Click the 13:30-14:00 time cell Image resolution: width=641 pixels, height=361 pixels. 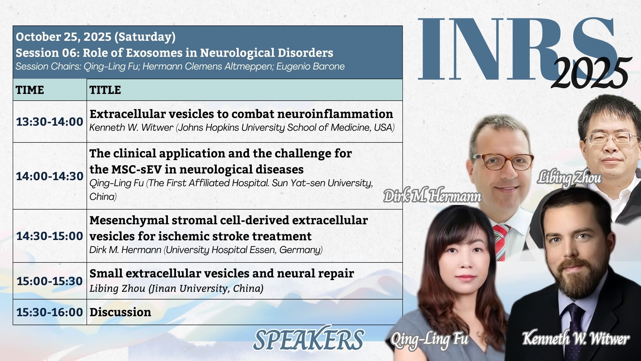coord(50,122)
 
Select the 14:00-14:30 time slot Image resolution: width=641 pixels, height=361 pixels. coord(50,176)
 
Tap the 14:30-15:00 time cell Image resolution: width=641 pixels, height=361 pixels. coord(50,236)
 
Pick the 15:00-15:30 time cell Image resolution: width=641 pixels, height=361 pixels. coord(50,281)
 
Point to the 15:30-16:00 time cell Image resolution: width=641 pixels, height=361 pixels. coord(50,312)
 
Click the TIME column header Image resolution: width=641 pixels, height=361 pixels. coord(30,90)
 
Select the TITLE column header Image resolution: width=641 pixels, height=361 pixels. coord(105,90)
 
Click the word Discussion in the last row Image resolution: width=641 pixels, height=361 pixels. coord(120,312)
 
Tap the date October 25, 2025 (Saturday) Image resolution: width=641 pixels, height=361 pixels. coord(95,37)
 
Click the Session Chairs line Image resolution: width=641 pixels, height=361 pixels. coord(180,67)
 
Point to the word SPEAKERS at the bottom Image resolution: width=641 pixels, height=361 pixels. coord(308,340)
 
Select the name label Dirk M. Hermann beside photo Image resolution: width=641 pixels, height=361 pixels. coord(432,196)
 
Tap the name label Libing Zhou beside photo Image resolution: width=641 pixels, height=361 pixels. coord(569,178)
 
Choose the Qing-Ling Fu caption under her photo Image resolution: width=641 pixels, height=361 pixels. coord(429,340)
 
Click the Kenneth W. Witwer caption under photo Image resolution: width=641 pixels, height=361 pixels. coord(576,338)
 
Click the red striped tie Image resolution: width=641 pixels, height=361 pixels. coord(501,242)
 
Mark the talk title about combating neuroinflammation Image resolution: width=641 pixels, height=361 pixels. coord(241,114)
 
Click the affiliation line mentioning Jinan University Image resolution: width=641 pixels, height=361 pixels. coord(176,288)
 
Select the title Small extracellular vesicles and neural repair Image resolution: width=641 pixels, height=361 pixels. coord(222,273)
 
